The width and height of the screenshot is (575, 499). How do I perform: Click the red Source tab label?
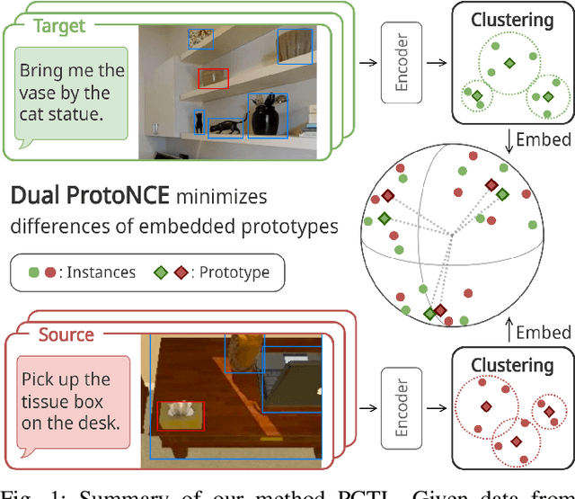[66, 334]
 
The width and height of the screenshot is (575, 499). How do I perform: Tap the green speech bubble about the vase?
[72, 93]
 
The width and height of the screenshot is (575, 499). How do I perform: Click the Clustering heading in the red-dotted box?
[511, 366]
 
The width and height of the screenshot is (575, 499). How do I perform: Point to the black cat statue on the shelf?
[226, 127]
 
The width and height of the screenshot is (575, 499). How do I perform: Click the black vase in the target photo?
[267, 116]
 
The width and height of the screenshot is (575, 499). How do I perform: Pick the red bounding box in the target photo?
[213, 78]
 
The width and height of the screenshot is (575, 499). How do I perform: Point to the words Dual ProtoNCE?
[90, 195]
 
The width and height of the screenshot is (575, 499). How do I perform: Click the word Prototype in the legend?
[234, 272]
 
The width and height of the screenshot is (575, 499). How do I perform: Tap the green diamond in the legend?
[162, 272]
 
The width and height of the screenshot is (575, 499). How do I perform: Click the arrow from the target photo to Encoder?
[367, 62]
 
